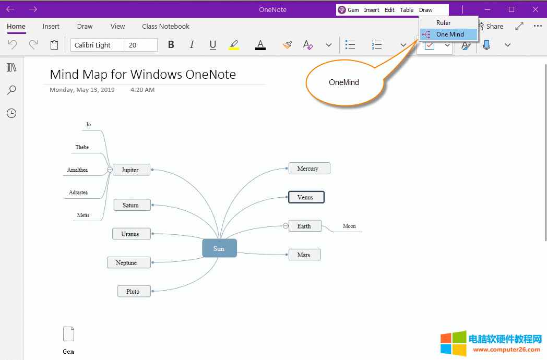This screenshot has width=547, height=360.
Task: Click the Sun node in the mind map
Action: coord(219,248)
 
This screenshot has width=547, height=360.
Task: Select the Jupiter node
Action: coord(131,170)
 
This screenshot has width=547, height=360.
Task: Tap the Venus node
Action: coord(306,197)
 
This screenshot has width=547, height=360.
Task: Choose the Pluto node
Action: coord(134,291)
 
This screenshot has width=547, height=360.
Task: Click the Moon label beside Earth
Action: coord(349,226)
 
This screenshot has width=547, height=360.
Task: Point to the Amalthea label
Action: coord(78,170)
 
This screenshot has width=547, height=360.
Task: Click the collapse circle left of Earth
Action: coord(286,226)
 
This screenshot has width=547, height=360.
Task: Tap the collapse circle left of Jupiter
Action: coord(110,170)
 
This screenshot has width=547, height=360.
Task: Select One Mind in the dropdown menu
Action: coord(449,34)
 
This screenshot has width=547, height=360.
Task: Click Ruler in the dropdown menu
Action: coord(443,23)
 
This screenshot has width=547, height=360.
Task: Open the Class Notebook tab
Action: coord(165,27)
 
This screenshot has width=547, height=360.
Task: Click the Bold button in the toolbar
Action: coord(171,45)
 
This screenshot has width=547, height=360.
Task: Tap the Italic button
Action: coord(192,45)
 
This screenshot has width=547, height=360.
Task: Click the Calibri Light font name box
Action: coord(98,45)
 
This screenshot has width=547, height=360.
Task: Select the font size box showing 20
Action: coord(141,45)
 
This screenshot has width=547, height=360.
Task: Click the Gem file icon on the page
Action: coord(68,334)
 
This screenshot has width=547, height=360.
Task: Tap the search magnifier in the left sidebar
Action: coord(11,90)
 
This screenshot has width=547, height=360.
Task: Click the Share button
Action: coord(491,26)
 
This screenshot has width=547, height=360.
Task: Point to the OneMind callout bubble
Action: coord(344,82)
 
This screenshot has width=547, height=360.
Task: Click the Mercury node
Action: coord(309,169)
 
